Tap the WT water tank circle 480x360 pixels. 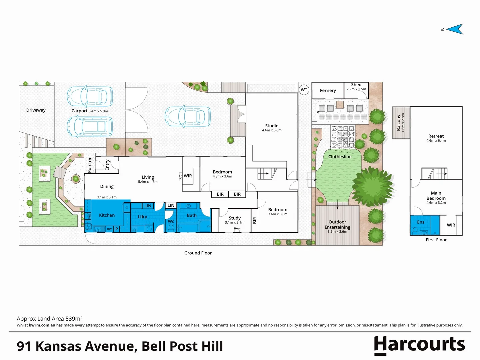[304, 90]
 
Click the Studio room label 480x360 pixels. [272, 126]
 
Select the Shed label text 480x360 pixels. [356, 85]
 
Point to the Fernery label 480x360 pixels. [328, 91]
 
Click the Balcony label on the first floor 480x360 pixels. [399, 122]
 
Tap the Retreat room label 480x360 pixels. [436, 136]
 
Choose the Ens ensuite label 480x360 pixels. [421, 222]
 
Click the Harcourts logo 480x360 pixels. [419, 345]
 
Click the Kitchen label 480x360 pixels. [107, 215]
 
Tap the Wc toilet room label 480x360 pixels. [171, 221]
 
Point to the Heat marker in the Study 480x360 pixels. [237, 229]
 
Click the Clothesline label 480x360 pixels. [340, 157]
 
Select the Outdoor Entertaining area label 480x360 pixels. [337, 225]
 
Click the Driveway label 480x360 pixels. [36, 110]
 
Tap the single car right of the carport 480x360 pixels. [188, 117]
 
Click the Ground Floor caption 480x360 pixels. [198, 253]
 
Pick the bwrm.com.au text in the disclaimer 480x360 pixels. [42, 325]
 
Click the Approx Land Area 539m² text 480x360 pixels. [50, 319]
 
